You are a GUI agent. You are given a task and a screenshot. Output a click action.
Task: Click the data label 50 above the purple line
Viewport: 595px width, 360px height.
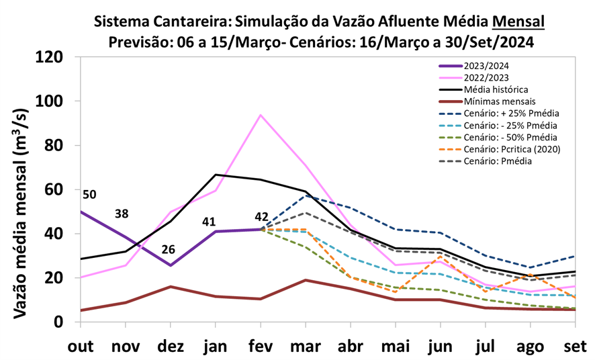[x=89, y=195]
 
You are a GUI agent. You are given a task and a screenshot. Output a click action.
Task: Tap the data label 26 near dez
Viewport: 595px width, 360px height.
[x=168, y=249]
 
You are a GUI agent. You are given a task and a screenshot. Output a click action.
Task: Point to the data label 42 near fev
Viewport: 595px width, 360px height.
[x=261, y=217]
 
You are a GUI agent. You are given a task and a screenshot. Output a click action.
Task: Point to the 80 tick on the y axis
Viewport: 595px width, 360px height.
[x=54, y=145]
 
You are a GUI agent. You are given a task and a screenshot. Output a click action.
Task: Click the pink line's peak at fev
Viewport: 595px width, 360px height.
[x=261, y=115]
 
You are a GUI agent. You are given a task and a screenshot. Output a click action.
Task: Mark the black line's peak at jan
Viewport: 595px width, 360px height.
[x=216, y=175]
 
